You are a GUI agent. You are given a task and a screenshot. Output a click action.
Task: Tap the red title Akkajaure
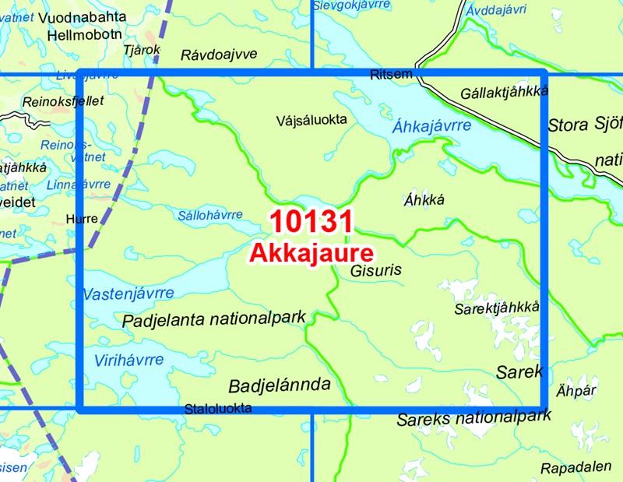(x=311, y=252)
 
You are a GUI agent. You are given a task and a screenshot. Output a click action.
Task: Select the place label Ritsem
(x=388, y=74)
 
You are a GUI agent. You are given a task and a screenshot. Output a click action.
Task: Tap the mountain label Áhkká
(x=424, y=199)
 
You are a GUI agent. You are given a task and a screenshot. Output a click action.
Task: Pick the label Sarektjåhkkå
(x=496, y=309)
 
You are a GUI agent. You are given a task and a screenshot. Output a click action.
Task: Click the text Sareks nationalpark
(x=473, y=418)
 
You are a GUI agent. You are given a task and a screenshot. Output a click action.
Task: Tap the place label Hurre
(x=83, y=219)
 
